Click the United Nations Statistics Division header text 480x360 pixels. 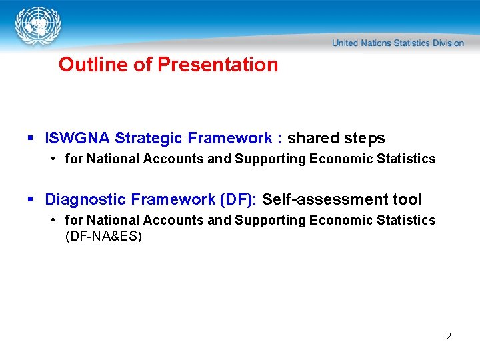coord(397,43)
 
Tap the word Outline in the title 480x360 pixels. coord(84,65)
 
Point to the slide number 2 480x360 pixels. coord(449,336)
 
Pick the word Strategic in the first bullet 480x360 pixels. coord(149,138)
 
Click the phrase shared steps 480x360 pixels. coord(336,138)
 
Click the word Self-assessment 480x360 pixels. coord(326,199)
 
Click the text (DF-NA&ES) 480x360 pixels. coord(103,236)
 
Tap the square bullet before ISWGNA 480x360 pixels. coord(30,139)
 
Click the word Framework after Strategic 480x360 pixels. coord(229,138)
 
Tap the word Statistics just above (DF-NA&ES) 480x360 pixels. coord(408,220)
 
